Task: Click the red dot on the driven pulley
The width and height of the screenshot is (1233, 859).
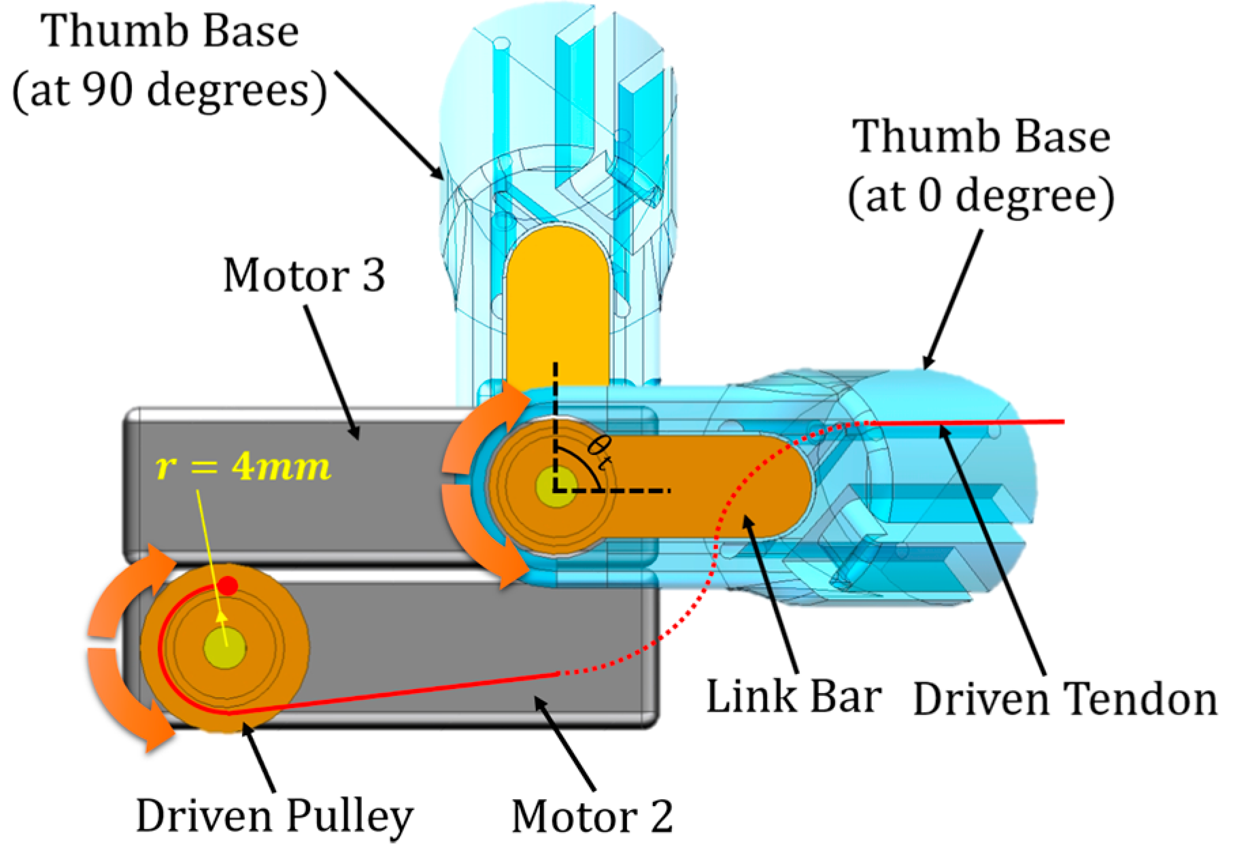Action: click(229, 586)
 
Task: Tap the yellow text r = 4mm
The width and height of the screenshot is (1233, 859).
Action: click(243, 467)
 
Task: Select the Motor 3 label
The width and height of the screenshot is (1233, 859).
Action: click(304, 276)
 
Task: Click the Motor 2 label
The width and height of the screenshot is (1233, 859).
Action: click(592, 816)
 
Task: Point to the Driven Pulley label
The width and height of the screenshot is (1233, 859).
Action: click(274, 815)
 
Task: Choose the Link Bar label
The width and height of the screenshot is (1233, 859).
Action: click(794, 697)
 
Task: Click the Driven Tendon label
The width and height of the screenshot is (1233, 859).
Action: click(1064, 699)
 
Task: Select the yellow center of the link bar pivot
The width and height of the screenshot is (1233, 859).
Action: click(556, 487)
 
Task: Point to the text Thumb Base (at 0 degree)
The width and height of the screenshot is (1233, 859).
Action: click(981, 166)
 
